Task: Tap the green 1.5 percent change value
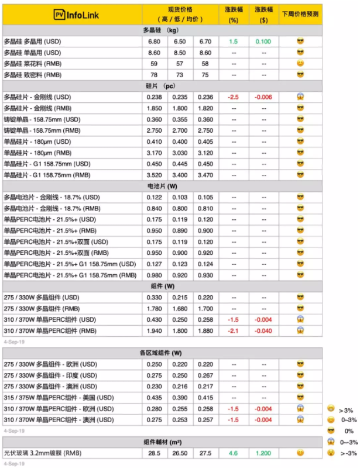[234, 42]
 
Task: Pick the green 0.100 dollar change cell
[263, 42]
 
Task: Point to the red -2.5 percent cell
[234, 97]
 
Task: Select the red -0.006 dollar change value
[263, 97]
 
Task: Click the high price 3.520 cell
[155, 175]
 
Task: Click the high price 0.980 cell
[155, 275]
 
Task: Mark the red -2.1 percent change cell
[234, 330]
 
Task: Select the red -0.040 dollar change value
[263, 330]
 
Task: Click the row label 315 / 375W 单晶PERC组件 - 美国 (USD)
[58, 398]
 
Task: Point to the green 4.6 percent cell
[234, 453]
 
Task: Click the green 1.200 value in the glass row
[263, 453]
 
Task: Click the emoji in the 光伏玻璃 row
[300, 453]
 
